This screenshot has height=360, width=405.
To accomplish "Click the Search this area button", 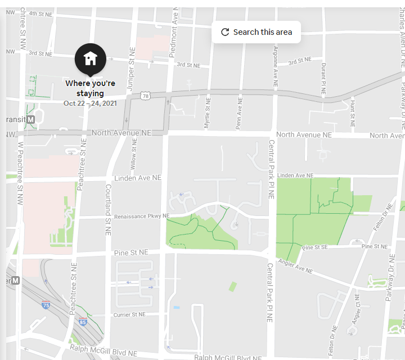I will click(x=256, y=32).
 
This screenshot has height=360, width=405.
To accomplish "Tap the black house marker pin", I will click(x=90, y=58).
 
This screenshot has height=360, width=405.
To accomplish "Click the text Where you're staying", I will click(x=90, y=88).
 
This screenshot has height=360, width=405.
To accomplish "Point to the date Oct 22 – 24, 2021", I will click(x=90, y=103).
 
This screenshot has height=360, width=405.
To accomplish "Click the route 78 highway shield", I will click(x=146, y=97).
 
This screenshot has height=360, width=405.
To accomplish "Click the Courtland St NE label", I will click(x=108, y=209).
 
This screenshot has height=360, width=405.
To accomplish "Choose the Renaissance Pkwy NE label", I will click(x=141, y=216).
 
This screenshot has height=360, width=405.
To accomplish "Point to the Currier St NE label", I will click(x=129, y=315).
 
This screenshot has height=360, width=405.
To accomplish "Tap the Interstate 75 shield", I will click(x=45, y=305).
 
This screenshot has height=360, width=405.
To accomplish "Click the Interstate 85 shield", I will click(x=83, y=322).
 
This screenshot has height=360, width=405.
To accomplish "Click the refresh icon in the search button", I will click(x=225, y=32).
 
